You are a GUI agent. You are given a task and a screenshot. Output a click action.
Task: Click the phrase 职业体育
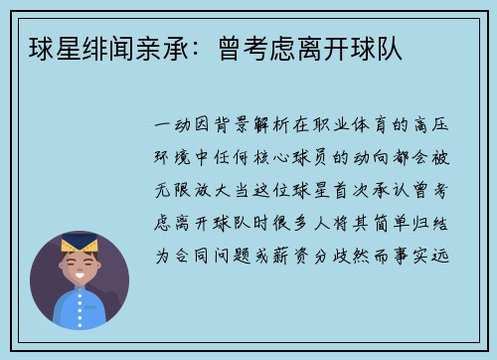click(341, 127)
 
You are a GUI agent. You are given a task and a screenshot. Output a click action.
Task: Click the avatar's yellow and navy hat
click(80, 245)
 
